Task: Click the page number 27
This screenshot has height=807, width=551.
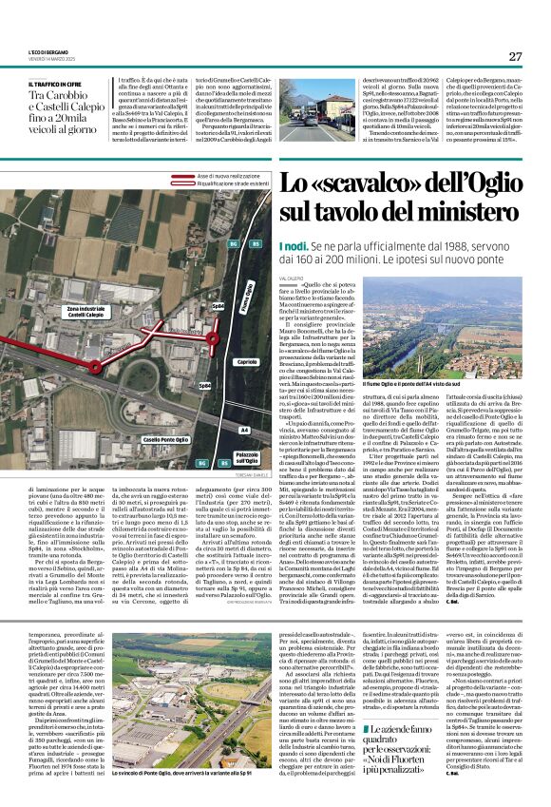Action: coord(515,57)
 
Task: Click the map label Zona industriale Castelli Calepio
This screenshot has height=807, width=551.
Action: coord(85,313)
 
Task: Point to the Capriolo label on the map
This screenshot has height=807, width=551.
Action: coord(246,362)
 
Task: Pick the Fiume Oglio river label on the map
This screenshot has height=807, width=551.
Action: coord(249,296)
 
